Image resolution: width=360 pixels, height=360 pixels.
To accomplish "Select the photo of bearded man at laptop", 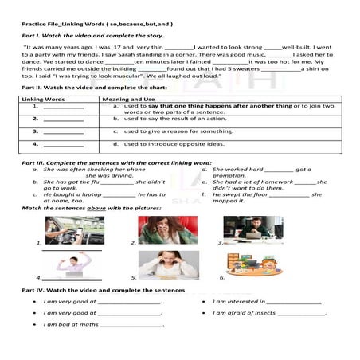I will coord(252,229).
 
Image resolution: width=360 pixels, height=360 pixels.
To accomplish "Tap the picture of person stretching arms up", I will coord(76,265).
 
